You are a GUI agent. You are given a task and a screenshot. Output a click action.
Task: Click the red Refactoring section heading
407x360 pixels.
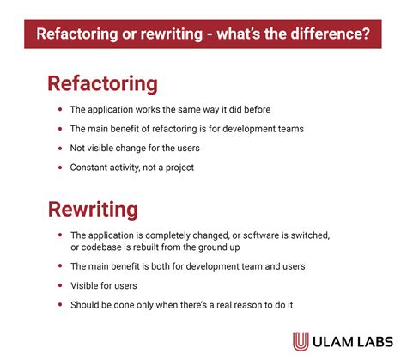coord(102,83)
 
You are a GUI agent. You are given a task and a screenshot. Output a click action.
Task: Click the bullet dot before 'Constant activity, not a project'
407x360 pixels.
coord(58,168)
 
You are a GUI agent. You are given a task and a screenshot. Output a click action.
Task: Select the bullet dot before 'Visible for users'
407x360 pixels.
coord(58,286)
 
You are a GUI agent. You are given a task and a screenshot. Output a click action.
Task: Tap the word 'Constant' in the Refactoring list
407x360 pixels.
coord(89,168)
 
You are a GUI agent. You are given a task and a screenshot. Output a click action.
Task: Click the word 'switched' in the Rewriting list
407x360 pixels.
coord(308,235)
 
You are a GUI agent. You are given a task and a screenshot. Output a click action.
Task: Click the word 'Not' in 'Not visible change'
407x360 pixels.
coord(78,149)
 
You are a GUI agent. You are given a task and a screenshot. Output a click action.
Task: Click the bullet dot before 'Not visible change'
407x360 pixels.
coord(58,149)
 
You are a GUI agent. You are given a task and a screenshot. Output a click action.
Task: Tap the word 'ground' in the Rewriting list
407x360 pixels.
coord(216,247)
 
